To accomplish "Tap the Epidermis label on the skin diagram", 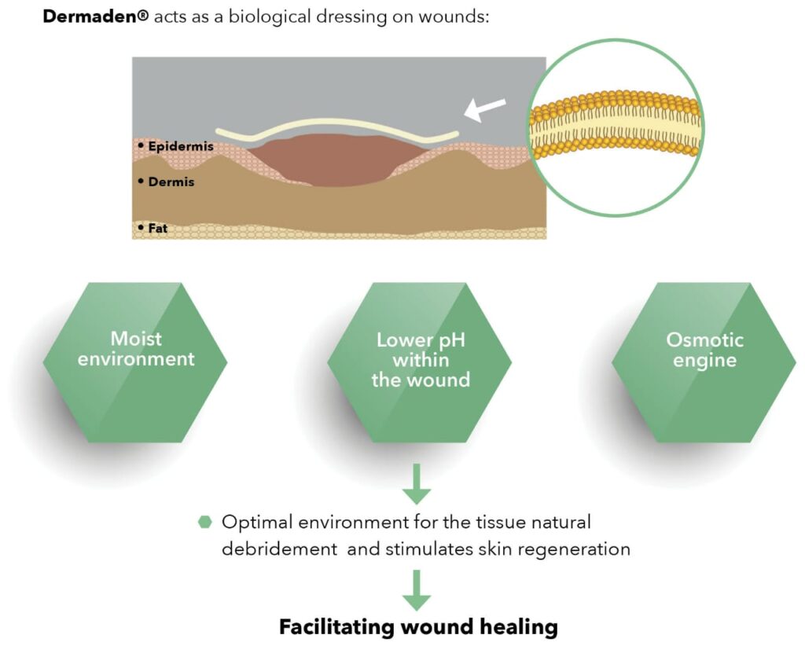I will coord(180,146).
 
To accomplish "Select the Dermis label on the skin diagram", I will coord(171,182).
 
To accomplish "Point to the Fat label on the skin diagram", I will coord(158,228).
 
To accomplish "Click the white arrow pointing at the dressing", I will coord(485,110).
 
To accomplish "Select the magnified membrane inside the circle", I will coord(614,127).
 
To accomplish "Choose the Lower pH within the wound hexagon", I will coord(420,361).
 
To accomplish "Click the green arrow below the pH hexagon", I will coord(417,485).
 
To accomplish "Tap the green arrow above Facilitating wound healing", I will coord(417,590).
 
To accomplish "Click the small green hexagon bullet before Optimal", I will coord(205,522).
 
